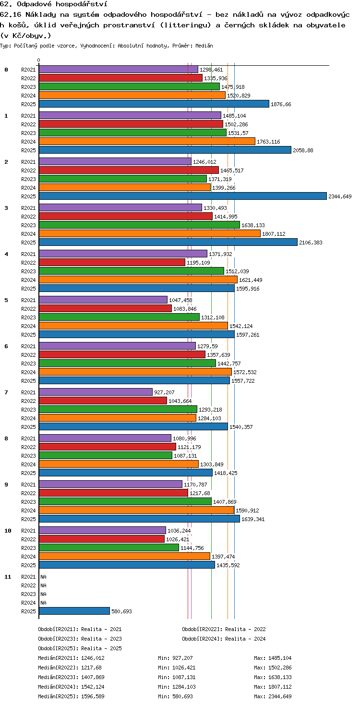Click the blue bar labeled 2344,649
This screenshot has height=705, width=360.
tap(183, 196)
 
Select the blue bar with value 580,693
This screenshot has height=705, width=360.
tap(74, 611)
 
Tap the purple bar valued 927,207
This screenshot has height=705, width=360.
tap(96, 392)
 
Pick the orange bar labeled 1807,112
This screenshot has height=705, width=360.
tap(150, 233)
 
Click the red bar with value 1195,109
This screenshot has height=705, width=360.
tap(112, 262)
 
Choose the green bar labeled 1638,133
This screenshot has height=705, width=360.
tap(139, 225)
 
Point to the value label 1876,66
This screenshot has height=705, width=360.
tap(281, 104)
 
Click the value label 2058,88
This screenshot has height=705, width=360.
tap(303, 150)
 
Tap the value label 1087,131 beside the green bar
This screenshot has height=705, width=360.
tap(185, 456)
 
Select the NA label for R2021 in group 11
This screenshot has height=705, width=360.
tap(43, 577)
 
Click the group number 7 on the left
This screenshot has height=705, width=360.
tap(6, 392)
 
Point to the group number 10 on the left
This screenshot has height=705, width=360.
tap(8, 531)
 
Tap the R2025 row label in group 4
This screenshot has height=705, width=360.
tap(28, 289)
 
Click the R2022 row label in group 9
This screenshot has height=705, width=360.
tap(28, 493)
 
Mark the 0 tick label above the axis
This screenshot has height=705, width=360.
tap(39, 60)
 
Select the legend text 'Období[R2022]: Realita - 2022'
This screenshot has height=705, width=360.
tap(224, 629)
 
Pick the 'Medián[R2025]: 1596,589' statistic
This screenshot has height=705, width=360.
tap(71, 696)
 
